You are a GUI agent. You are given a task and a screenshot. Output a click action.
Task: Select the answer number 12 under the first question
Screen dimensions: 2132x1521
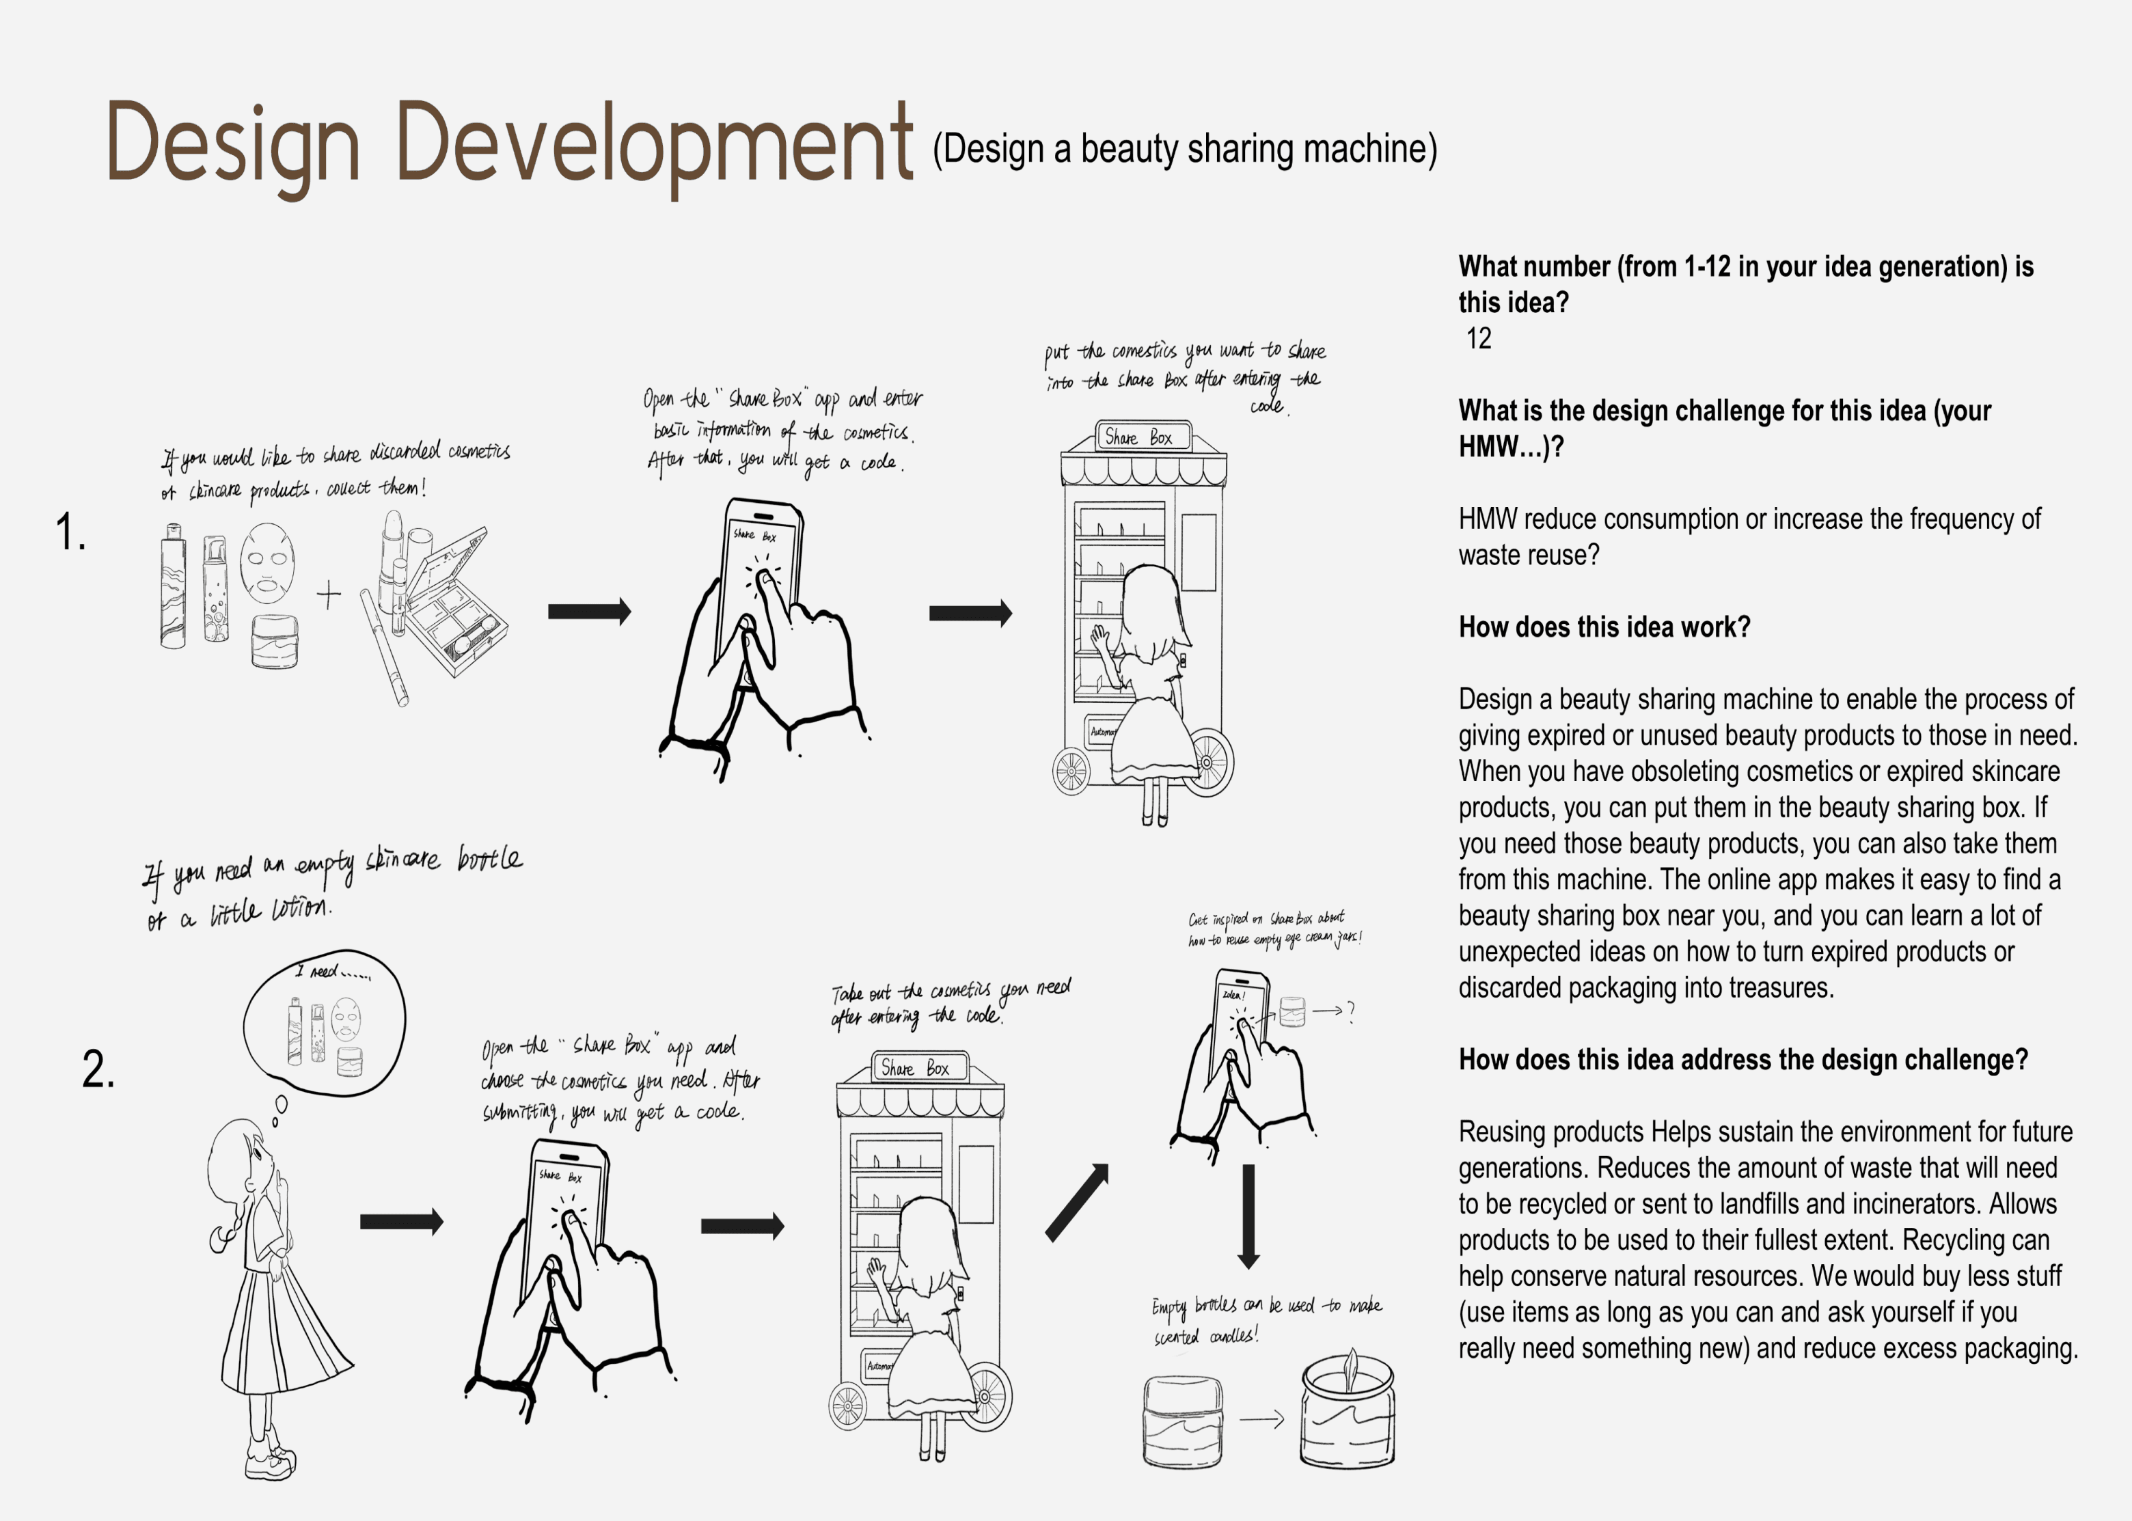tap(1478, 338)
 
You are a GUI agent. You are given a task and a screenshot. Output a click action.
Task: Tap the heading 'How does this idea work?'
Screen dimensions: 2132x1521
tap(1604, 627)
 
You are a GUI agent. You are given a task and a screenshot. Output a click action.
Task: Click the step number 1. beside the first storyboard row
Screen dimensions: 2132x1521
tap(70, 532)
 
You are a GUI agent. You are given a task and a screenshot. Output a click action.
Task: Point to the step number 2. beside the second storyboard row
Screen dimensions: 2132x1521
tap(98, 1069)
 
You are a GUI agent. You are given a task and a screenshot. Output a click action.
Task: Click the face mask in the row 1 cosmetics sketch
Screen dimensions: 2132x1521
tap(267, 563)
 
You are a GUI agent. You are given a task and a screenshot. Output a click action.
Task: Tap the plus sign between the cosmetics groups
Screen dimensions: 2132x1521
tap(329, 594)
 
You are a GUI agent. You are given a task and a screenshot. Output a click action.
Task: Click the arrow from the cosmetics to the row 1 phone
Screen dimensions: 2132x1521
tap(589, 612)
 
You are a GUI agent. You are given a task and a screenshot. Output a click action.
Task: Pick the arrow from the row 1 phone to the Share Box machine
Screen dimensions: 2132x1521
tap(970, 614)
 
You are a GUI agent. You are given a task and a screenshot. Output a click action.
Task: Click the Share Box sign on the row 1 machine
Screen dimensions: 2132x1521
tap(1143, 437)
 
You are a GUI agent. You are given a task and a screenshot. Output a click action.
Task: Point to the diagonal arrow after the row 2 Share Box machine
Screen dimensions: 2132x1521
tap(1077, 1203)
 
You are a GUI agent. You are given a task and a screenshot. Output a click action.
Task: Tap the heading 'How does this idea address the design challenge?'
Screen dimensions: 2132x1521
tap(1743, 1059)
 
